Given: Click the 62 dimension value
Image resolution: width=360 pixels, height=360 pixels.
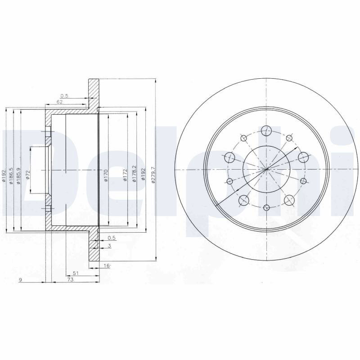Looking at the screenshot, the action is pyautogui.click(x=59, y=102).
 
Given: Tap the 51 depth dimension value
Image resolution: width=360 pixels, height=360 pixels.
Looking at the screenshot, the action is pyautogui.click(x=76, y=273).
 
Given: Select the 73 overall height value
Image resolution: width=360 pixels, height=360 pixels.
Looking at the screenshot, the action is pyautogui.click(x=70, y=279).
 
